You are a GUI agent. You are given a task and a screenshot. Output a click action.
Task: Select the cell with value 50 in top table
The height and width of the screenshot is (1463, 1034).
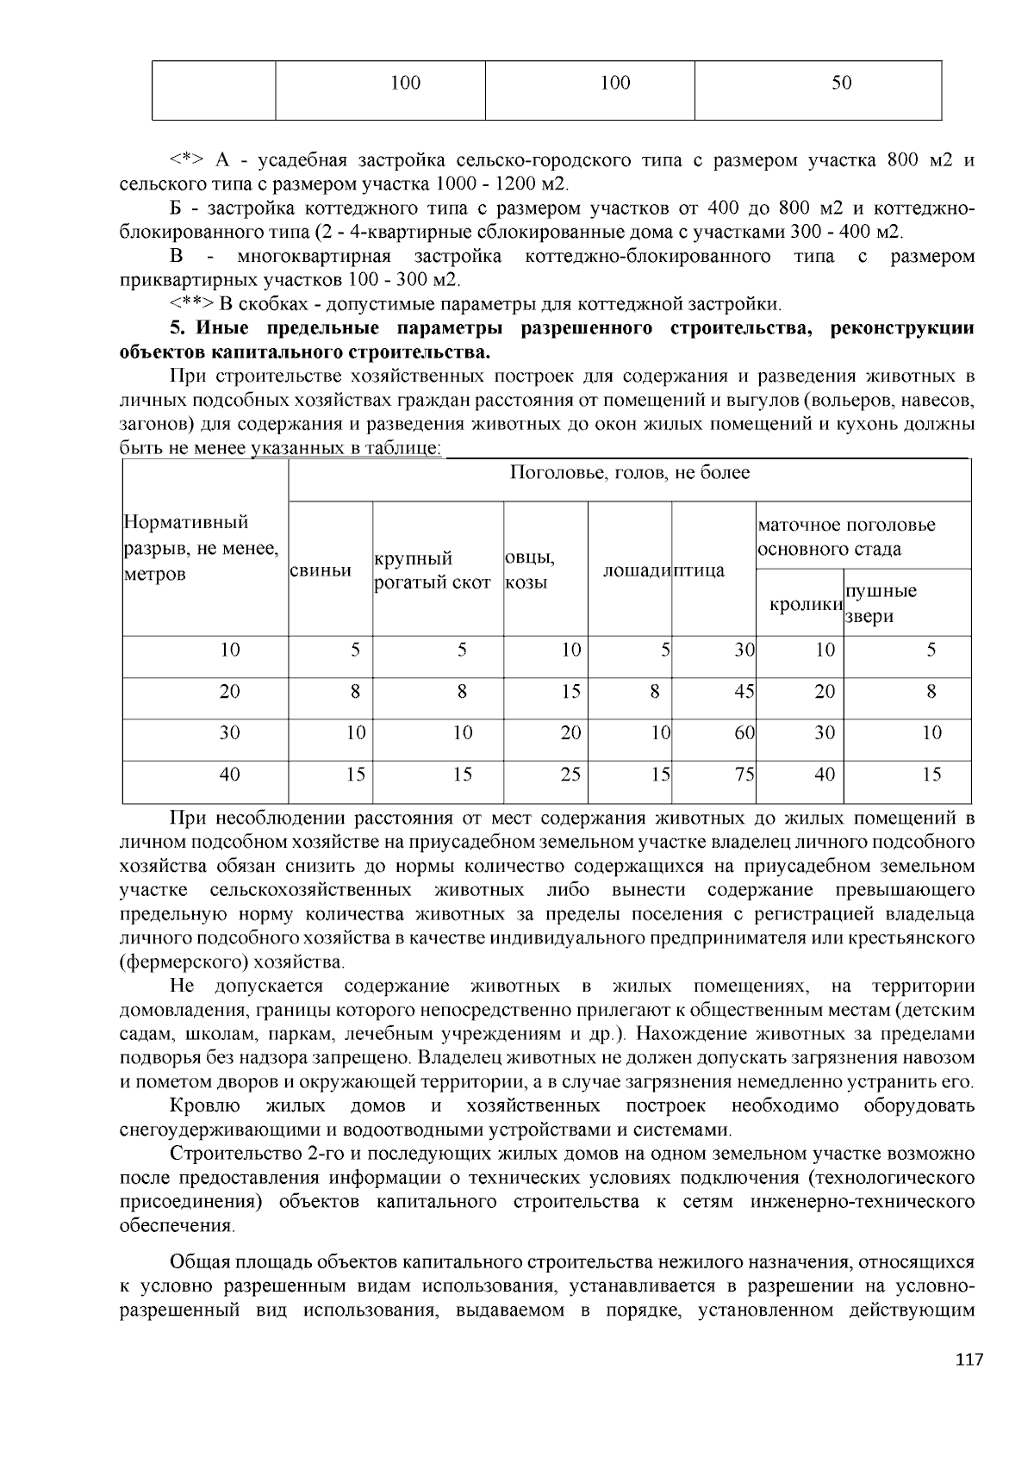click(842, 83)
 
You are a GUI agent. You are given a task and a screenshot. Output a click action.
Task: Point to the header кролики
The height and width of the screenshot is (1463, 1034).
click(805, 604)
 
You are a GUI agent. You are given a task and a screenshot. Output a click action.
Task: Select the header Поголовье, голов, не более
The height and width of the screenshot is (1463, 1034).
click(629, 472)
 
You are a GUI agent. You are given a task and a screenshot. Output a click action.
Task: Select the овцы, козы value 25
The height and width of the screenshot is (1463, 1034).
click(570, 774)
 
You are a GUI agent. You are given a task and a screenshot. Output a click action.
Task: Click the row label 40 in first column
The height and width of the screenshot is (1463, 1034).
click(229, 774)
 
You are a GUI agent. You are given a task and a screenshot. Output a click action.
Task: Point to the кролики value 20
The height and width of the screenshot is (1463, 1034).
click(825, 691)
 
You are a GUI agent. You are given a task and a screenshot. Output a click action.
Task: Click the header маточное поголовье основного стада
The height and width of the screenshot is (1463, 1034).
click(845, 537)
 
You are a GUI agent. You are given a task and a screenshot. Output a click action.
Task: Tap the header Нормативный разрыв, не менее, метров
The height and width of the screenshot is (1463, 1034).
click(201, 548)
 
